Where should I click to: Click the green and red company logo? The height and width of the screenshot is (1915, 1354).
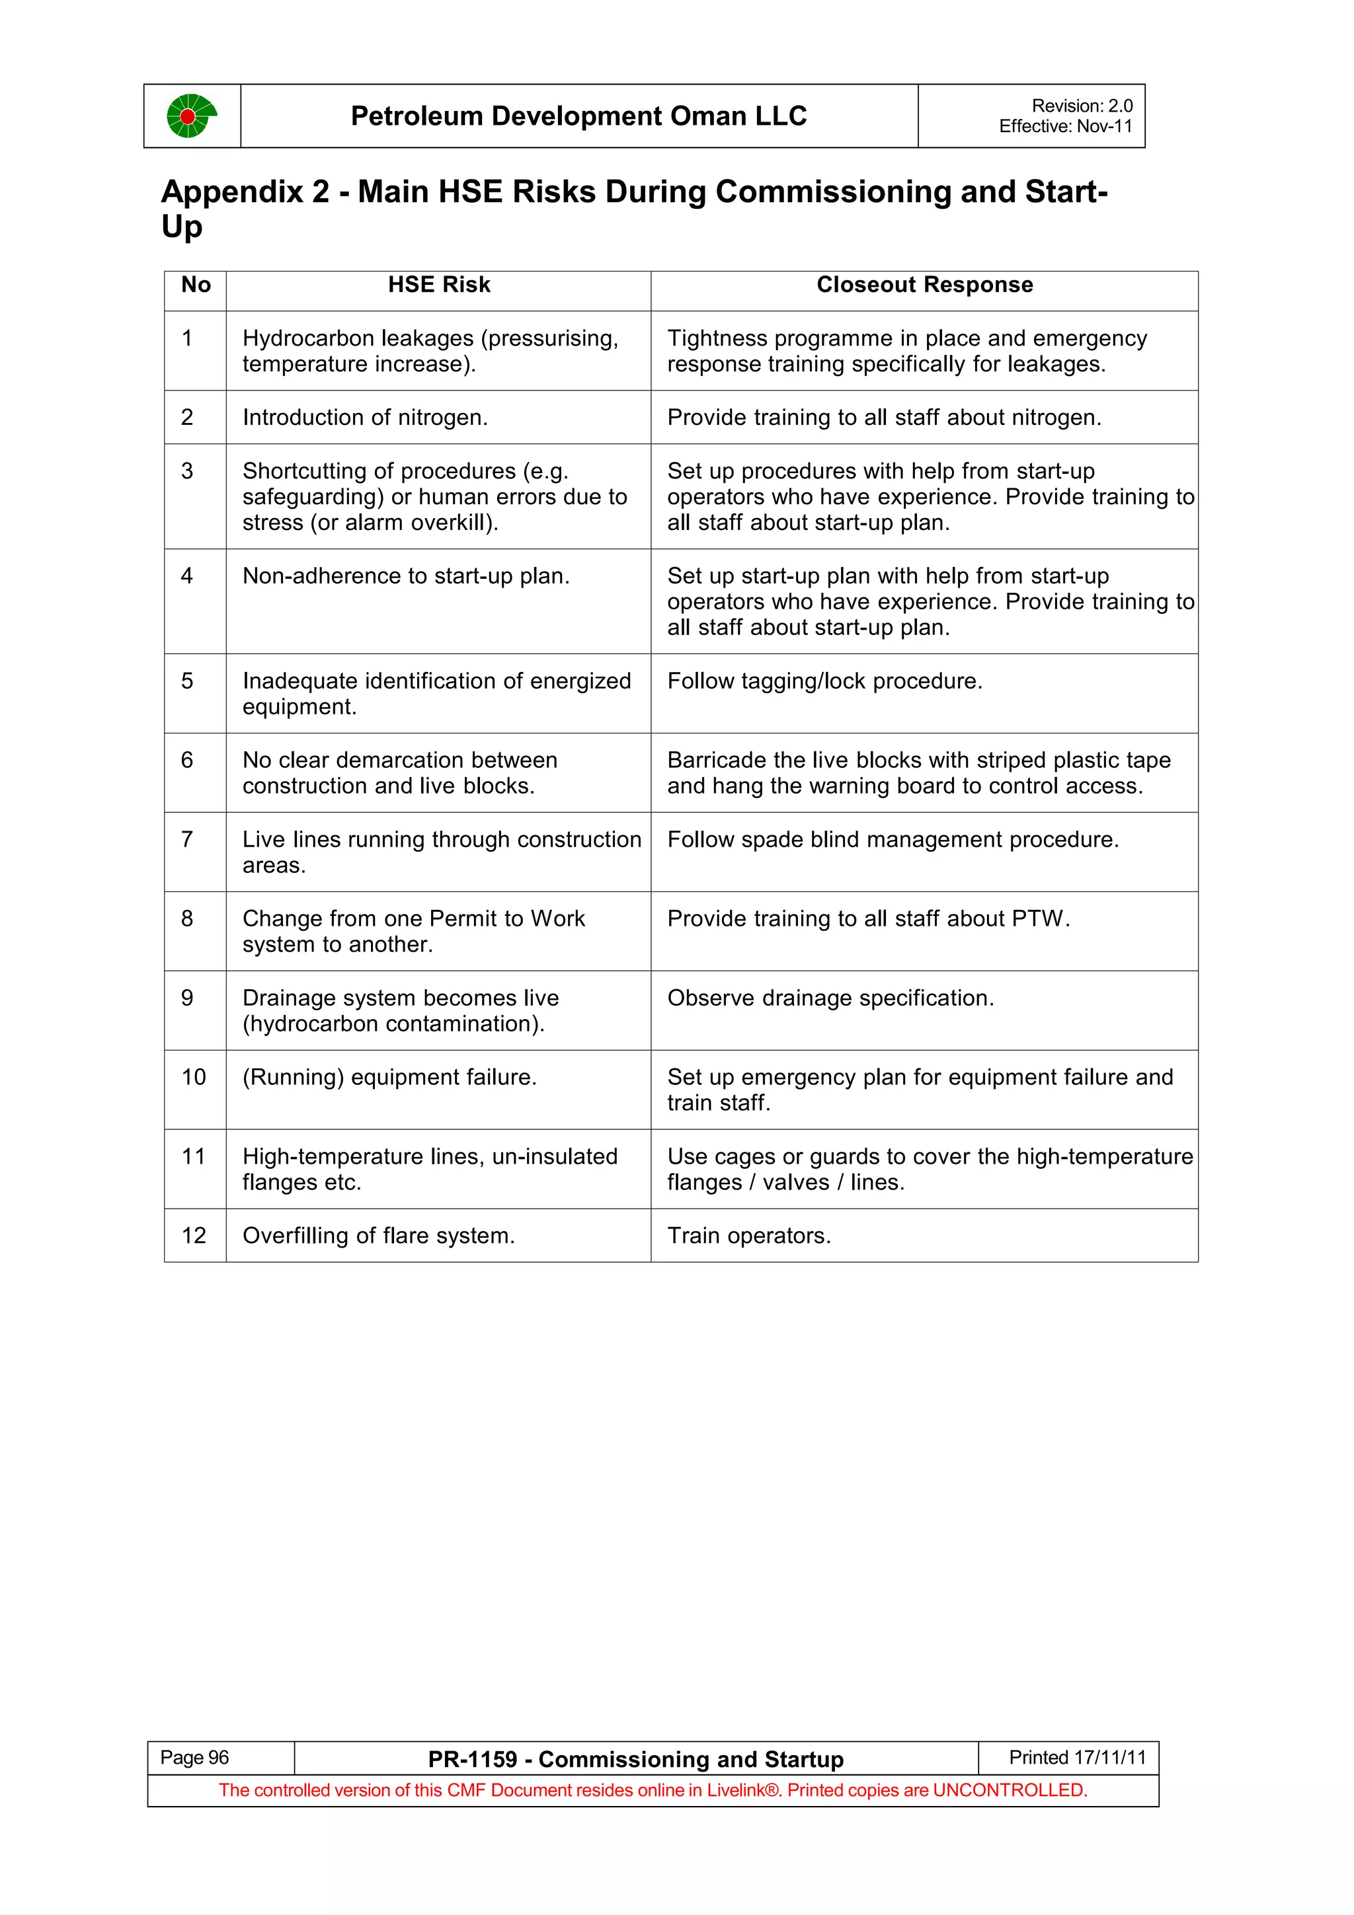(191, 116)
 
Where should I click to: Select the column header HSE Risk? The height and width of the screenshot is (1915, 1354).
(439, 285)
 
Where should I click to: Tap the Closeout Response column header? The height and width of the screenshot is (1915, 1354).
(924, 285)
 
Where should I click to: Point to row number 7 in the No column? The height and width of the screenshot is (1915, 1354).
(187, 839)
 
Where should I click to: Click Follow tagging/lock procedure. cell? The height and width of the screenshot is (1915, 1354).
(824, 681)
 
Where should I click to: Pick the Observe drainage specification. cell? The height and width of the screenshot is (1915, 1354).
(830, 998)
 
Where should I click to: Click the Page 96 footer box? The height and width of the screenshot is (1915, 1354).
(194, 1758)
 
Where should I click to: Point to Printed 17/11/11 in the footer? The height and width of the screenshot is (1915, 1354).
(1077, 1758)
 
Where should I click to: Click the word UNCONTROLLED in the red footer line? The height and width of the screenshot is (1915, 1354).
(1009, 1791)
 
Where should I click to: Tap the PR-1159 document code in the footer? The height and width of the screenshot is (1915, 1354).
(472, 1760)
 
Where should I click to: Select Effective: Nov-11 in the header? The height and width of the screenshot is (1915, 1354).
(1065, 127)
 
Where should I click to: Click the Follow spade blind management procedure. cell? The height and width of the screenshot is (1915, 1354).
(892, 840)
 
